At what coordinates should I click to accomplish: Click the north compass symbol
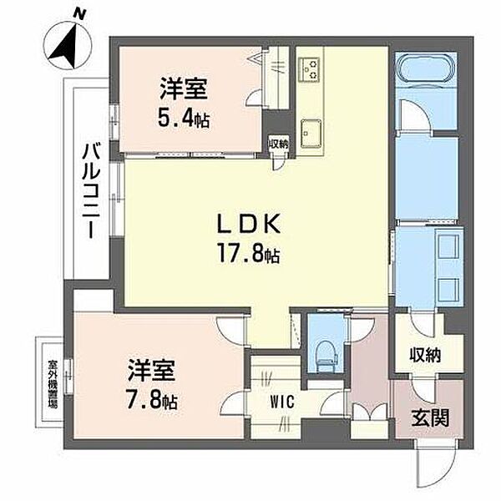68,42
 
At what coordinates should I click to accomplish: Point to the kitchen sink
311,134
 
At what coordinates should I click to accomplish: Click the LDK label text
249,223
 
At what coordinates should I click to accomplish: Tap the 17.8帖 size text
249,253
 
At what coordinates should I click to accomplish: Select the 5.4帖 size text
184,119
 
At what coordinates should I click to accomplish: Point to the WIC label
282,401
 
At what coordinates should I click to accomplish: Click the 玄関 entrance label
430,417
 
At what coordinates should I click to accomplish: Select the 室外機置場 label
53,383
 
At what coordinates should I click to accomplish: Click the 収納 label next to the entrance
426,355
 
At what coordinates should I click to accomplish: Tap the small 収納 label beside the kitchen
279,144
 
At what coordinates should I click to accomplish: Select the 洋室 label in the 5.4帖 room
184,89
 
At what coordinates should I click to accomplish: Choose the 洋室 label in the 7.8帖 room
152,370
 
